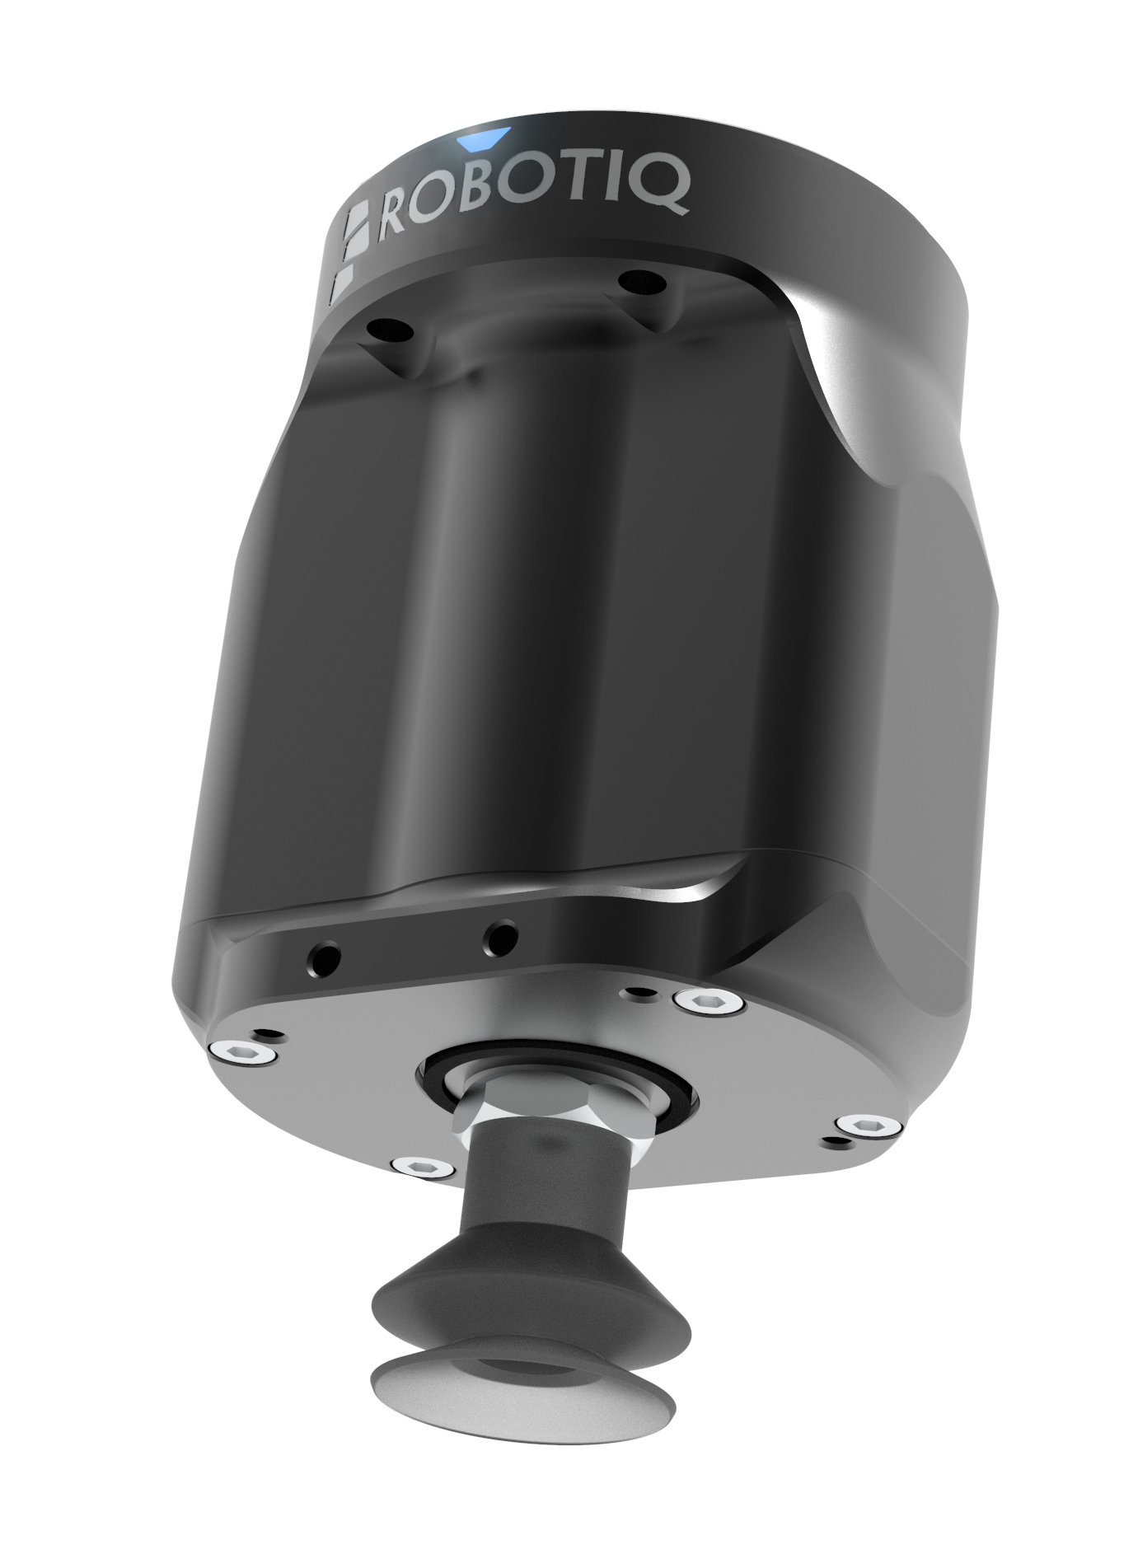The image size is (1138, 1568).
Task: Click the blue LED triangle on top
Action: [x=486, y=138]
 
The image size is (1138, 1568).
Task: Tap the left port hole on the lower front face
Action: [x=323, y=957]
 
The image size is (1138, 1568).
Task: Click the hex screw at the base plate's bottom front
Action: [x=423, y=1165]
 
